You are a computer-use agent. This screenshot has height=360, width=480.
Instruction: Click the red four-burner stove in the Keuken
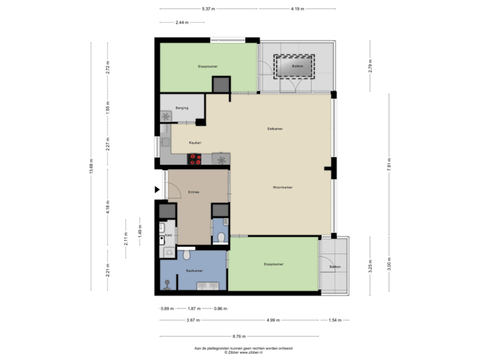(196, 159)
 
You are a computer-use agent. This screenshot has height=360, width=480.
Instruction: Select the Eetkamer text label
(272, 129)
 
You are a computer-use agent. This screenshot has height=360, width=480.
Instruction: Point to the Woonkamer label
(283, 188)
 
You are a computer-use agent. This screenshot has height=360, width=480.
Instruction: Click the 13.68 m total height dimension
(91, 166)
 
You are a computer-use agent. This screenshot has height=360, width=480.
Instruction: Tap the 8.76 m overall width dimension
(239, 336)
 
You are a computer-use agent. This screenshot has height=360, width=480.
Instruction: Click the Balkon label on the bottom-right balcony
(334, 267)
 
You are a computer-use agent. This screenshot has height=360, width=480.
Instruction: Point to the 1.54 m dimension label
(333, 321)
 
